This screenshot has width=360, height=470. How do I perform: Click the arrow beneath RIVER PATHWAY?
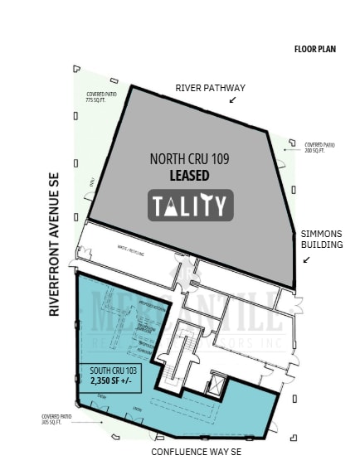click(232, 99)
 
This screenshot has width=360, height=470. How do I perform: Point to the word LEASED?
click(189, 175)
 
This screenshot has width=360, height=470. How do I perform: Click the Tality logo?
click(191, 206)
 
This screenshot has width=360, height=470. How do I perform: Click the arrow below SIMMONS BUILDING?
click(307, 259)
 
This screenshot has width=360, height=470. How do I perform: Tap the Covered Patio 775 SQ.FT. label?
click(100, 97)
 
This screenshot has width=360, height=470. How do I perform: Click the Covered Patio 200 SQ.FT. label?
click(319, 147)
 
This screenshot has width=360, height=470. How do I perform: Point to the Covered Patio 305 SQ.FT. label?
click(56, 419)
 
